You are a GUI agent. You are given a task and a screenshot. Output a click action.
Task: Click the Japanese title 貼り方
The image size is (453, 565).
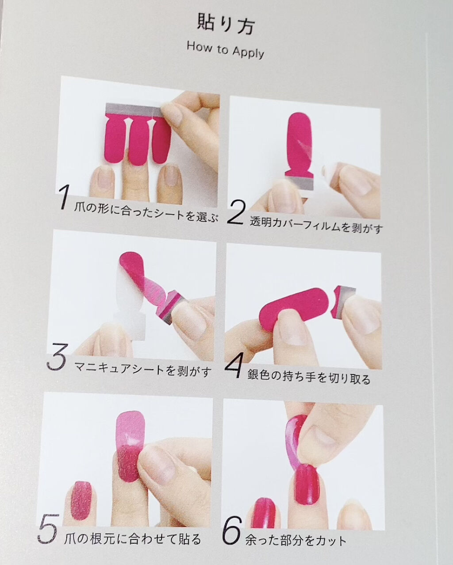[226, 25]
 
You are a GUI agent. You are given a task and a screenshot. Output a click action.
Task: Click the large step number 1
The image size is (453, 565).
[63, 196]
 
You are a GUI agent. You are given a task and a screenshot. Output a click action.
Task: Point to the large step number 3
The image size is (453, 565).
[56, 357]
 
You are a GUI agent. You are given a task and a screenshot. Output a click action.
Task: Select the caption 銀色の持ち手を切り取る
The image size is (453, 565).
[309, 377]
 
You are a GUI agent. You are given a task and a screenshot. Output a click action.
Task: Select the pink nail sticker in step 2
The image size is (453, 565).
[300, 143]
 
